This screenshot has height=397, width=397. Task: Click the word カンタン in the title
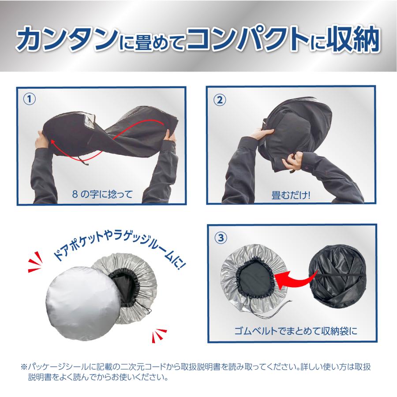click(67, 41)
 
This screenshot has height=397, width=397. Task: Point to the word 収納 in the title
click(355, 41)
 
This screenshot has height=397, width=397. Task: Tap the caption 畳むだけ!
click(291, 194)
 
